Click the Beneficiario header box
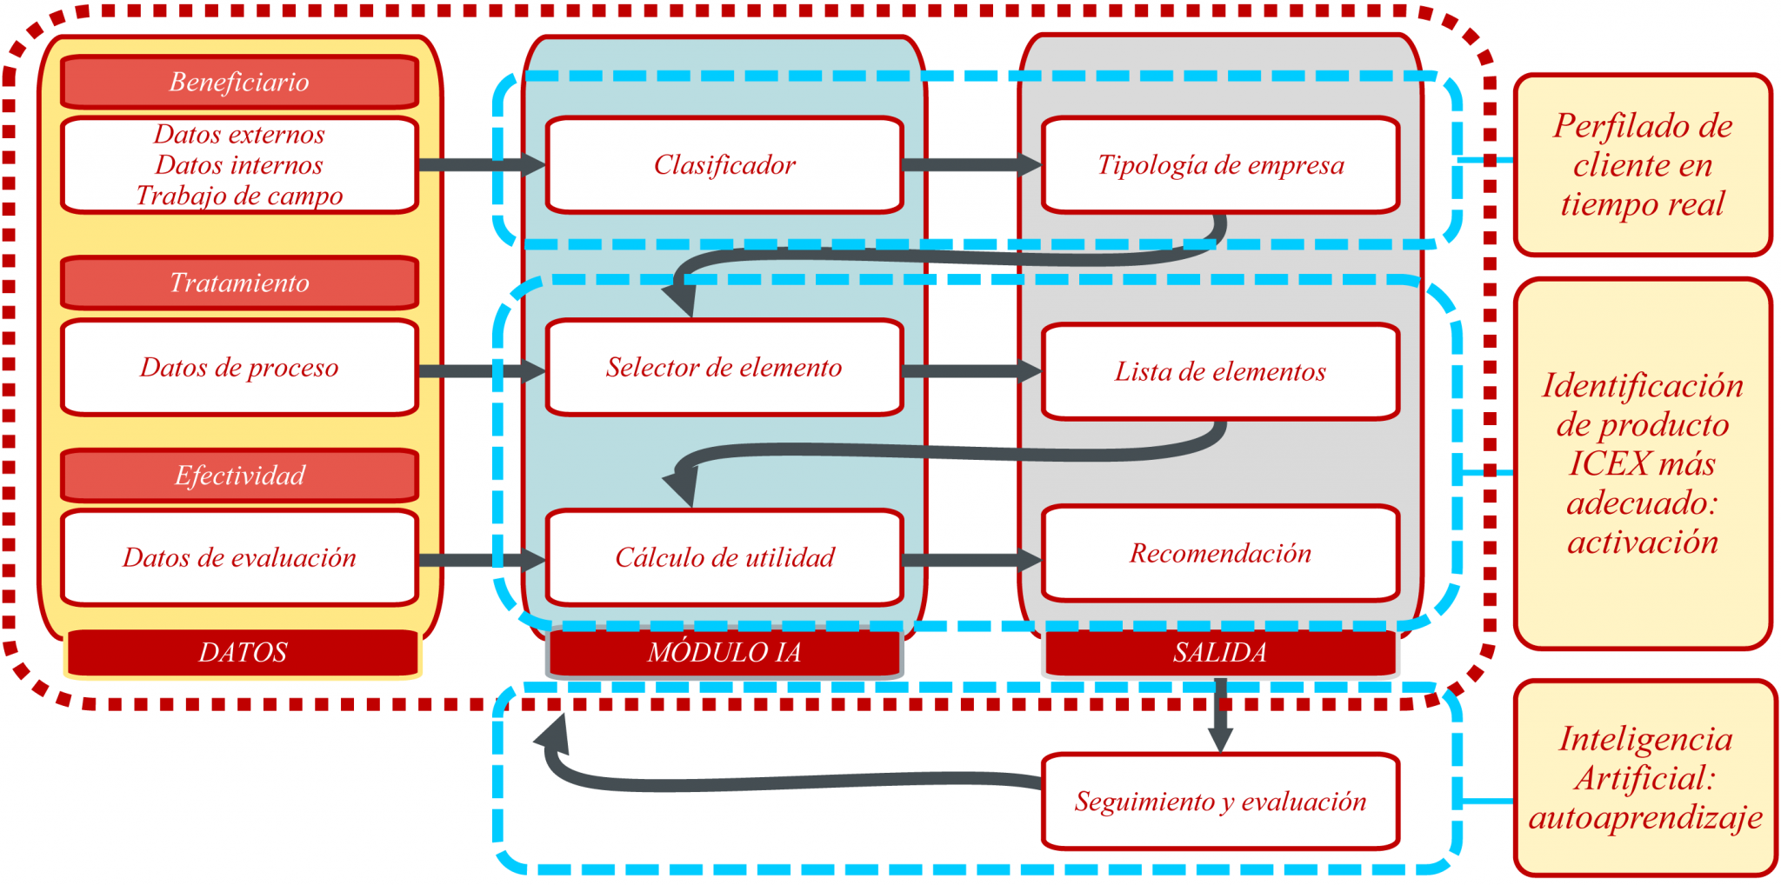[x=239, y=82]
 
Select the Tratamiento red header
[x=239, y=283]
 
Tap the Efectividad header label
[x=239, y=476]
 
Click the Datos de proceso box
[x=239, y=367]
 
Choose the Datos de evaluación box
[x=239, y=557]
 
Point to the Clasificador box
[x=724, y=164]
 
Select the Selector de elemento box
[x=724, y=367]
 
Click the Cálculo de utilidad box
[x=724, y=557]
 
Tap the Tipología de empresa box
[x=1220, y=164]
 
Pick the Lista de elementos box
[x=1220, y=371]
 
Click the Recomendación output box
[x=1220, y=553]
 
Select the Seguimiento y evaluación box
[x=1220, y=801]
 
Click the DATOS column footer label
[x=243, y=652]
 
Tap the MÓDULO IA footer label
[x=724, y=652]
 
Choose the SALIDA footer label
[x=1220, y=652]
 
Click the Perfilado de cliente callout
[x=1643, y=164]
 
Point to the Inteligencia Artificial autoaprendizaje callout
[x=1644, y=778]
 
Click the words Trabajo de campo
[x=239, y=196]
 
